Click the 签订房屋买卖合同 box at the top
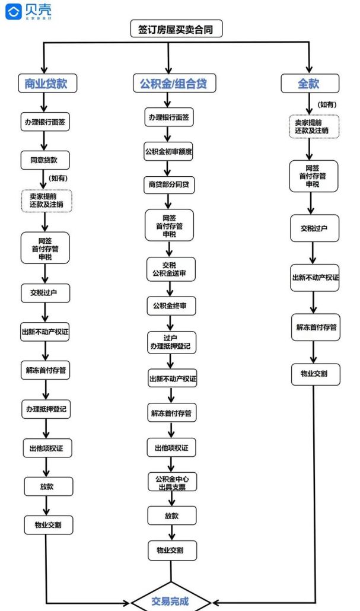pos(176,29)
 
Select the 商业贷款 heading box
pos(46,84)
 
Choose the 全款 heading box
pos(309,84)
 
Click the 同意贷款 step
pos(46,160)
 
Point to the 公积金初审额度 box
pos(169,151)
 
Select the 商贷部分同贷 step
pos(169,184)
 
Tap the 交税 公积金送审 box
pos(170,269)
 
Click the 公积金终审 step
pos(170,306)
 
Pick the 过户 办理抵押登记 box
pos(171,342)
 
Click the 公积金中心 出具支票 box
pos(172,482)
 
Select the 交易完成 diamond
pos(171,600)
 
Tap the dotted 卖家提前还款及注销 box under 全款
pos(314,126)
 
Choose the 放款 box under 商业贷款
pos(47,486)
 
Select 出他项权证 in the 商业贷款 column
pos(47,448)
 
